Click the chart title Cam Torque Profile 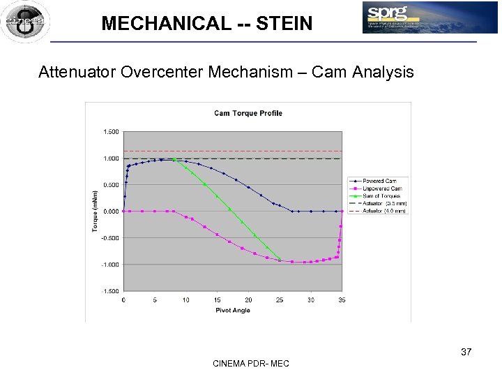(x=248, y=113)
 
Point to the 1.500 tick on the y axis (x=111, y=131)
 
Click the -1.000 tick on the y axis (x=110, y=265)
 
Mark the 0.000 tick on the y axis (x=111, y=212)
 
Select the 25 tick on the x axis (x=280, y=300)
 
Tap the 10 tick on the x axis (x=185, y=300)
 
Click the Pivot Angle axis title (x=232, y=311)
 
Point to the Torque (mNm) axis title (x=96, y=212)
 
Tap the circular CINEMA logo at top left (x=24, y=22)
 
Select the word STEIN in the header (x=284, y=24)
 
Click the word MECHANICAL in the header (x=165, y=24)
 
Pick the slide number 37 (x=466, y=352)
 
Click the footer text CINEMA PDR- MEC (x=251, y=363)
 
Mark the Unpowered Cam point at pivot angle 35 (x=342, y=212)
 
